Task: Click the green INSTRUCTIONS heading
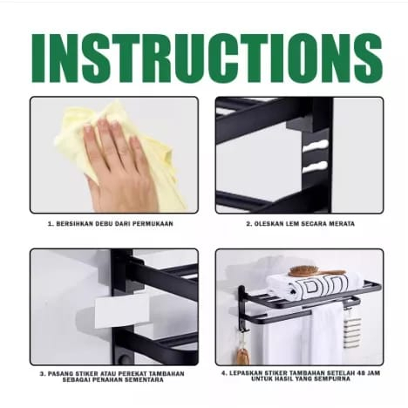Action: click(x=207, y=58)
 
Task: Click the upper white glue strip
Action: click(x=316, y=146)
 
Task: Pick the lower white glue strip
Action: click(x=315, y=167)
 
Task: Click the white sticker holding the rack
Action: click(x=122, y=312)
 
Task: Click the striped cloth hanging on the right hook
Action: click(x=352, y=328)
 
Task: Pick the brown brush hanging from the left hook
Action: click(x=242, y=354)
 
